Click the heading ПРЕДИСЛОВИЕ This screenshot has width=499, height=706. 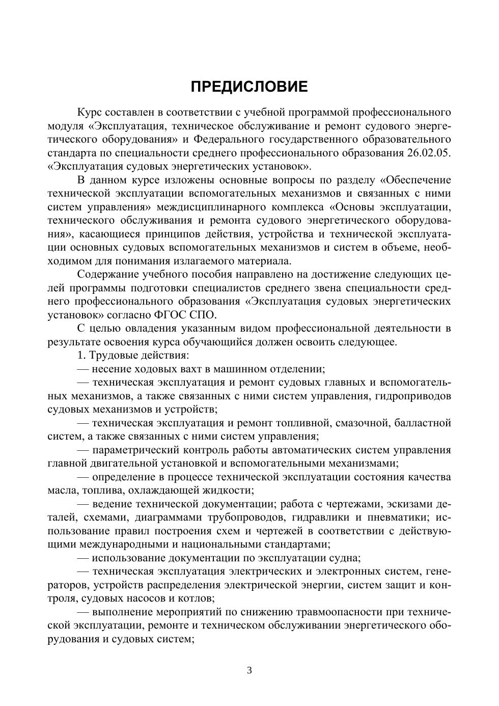point(249,87)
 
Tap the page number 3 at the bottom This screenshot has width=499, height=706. point(249,670)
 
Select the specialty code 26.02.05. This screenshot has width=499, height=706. point(429,153)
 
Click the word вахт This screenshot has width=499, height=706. point(180,369)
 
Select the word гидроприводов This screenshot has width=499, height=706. point(413,396)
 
